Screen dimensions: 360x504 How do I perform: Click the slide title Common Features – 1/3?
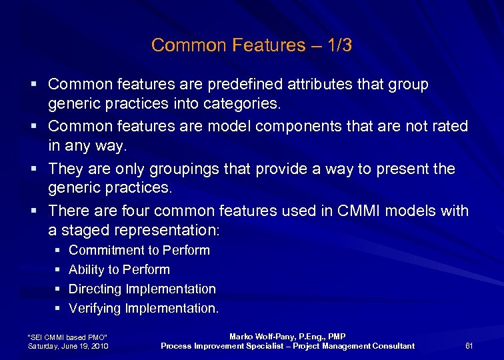click(251, 45)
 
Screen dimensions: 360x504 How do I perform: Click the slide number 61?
click(469, 345)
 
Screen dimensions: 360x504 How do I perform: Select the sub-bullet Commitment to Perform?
click(139, 251)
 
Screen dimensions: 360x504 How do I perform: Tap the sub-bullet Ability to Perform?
click(119, 270)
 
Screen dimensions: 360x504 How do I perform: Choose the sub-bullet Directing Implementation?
click(142, 289)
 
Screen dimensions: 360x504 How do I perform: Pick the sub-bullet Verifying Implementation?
click(143, 309)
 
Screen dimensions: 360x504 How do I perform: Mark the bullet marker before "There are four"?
click(33, 212)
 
